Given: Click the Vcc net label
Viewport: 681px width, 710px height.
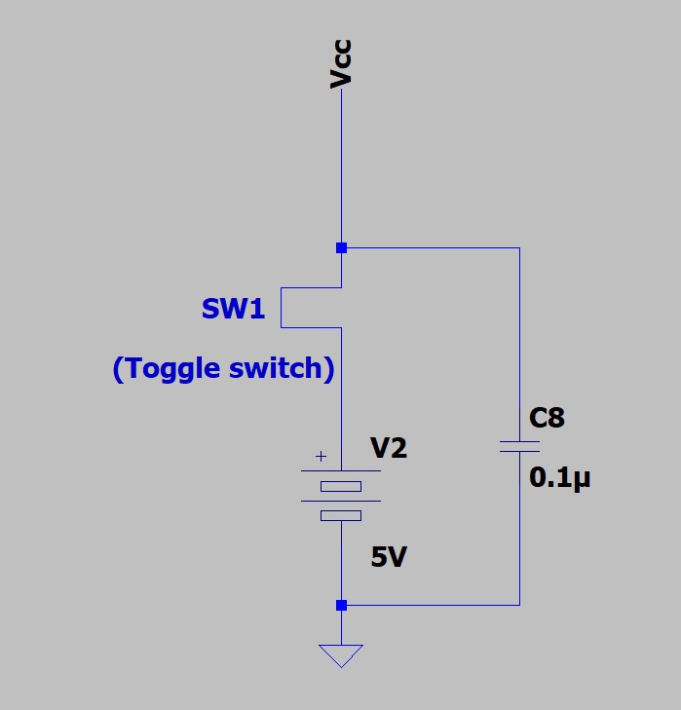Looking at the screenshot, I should point(340,65).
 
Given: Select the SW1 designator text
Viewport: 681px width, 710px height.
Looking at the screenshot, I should point(233,310).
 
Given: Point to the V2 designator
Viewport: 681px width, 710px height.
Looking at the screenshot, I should point(389,448).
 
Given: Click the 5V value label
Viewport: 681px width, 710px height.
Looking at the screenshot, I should point(389,557).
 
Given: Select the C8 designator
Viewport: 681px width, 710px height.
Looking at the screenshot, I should point(547,419).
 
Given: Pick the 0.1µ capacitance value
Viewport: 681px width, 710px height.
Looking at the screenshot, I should point(560,479).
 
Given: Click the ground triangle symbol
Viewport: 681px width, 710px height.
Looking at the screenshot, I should point(341,654).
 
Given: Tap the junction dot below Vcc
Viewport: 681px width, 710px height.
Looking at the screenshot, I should point(341,248).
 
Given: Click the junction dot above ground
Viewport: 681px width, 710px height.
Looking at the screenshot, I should point(341,605).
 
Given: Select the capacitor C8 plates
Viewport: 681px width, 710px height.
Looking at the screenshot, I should point(519,446).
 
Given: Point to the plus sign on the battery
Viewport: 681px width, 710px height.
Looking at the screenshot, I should point(321,455).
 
